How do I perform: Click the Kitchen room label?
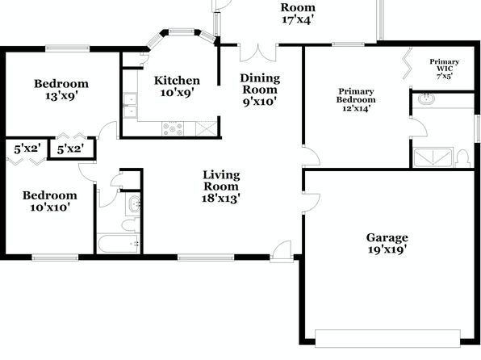(177, 81)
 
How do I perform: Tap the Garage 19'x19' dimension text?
(387, 249)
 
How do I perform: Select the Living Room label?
(221, 181)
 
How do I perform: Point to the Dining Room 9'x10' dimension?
(260, 102)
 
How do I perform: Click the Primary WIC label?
(444, 65)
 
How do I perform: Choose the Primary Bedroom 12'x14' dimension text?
(357, 108)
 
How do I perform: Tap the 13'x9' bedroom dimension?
(61, 96)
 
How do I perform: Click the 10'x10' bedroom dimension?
(50, 207)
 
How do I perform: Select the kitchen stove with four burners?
(173, 128)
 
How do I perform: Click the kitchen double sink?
(130, 105)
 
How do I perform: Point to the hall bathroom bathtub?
(119, 244)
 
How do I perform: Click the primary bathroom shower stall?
(433, 157)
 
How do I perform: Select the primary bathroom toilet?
(462, 158)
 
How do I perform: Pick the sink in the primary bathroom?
(426, 98)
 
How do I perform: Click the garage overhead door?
(387, 338)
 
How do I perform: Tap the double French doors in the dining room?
(258, 52)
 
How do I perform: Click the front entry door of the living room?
(282, 252)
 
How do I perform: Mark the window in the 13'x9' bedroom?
(68, 48)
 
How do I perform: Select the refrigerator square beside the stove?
(206, 128)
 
